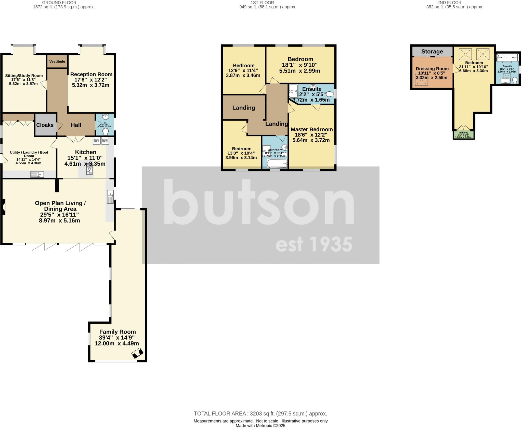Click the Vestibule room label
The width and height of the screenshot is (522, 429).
pos(57,62)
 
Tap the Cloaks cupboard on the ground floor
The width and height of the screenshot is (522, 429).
pos(45,125)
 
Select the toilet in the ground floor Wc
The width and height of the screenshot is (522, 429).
pos(105,132)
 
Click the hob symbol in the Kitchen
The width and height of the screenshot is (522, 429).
pos(89,169)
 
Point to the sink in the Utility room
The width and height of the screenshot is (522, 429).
pos(37,174)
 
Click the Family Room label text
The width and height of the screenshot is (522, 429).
pos(117,332)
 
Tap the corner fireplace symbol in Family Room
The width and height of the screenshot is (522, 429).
pos(137,354)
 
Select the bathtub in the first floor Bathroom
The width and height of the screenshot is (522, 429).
pos(277,164)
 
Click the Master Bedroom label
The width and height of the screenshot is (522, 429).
pos(311,129)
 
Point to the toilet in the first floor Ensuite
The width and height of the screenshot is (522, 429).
pos(330,94)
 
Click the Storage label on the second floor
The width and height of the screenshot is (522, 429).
pos(432,52)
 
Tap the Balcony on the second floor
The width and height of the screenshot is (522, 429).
pos(463,135)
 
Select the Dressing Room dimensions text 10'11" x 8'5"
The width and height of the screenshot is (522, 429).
pos(432,73)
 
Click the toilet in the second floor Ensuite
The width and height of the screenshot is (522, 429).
pos(514,80)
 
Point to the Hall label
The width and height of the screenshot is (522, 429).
pos(76,125)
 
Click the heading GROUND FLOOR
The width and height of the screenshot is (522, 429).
pos(59,3)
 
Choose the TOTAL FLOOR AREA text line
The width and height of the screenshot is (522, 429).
pos(260,414)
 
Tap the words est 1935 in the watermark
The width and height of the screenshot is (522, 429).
pos(314,244)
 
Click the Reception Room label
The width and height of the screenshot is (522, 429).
pos(91,74)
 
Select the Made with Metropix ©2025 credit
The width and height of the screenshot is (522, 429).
pos(260,426)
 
